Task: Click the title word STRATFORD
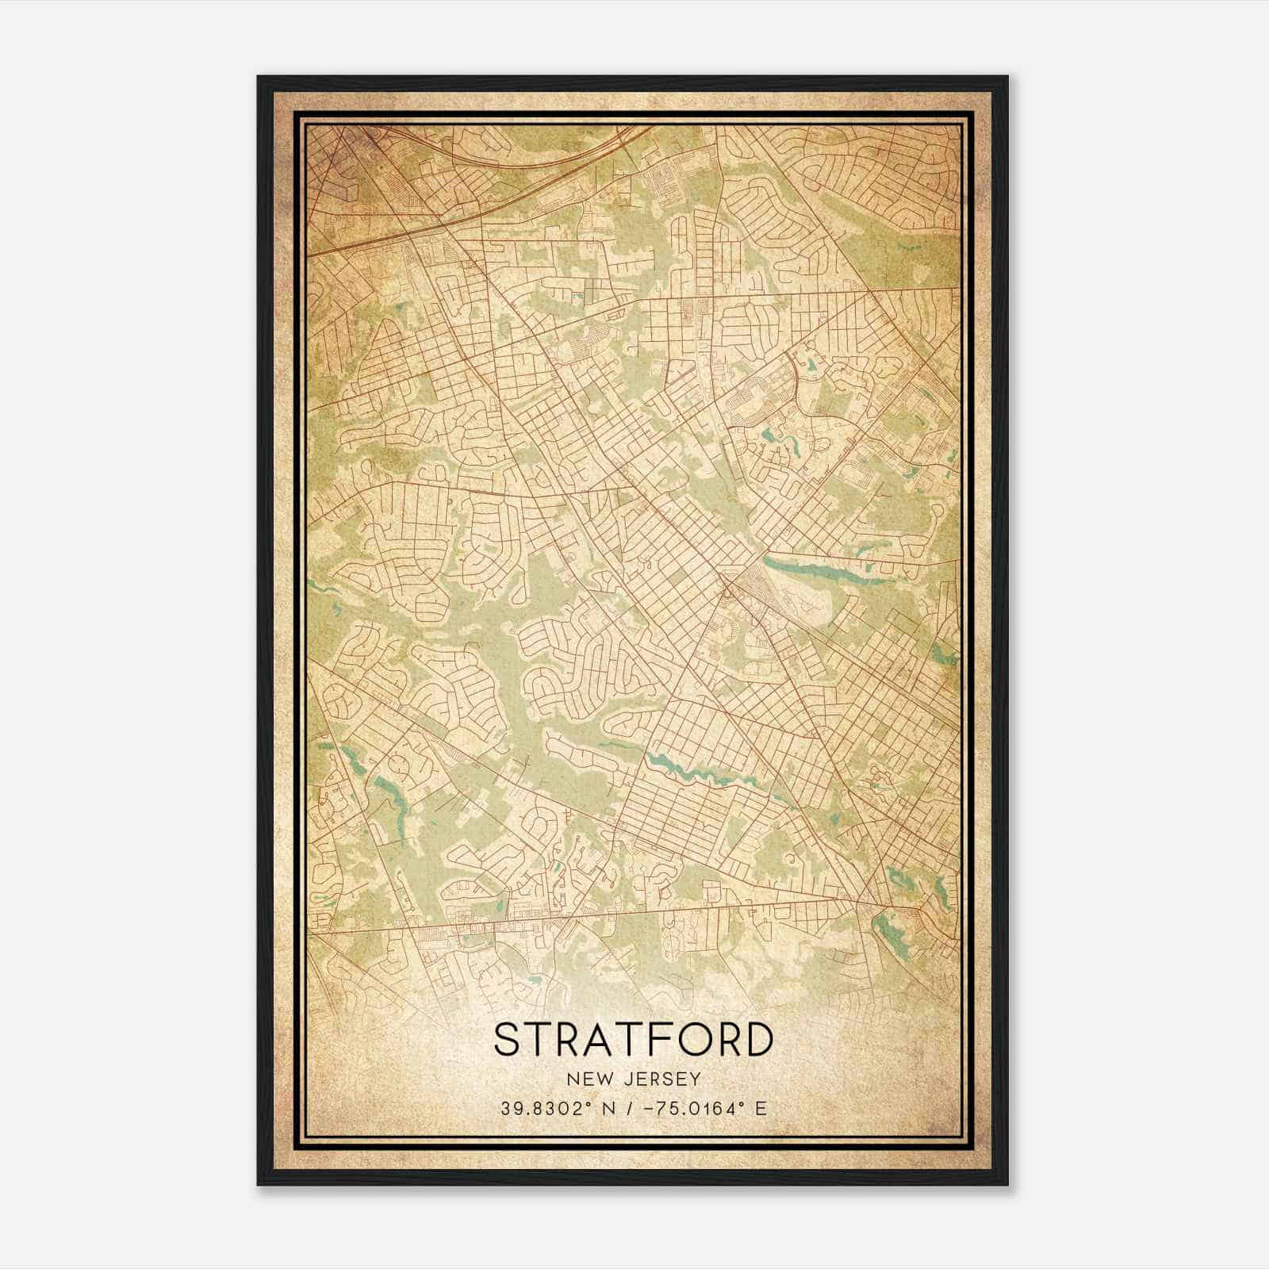[633, 1039]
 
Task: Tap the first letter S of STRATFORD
[508, 1039]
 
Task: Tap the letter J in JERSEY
[622, 1079]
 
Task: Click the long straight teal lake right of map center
[809, 571]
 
